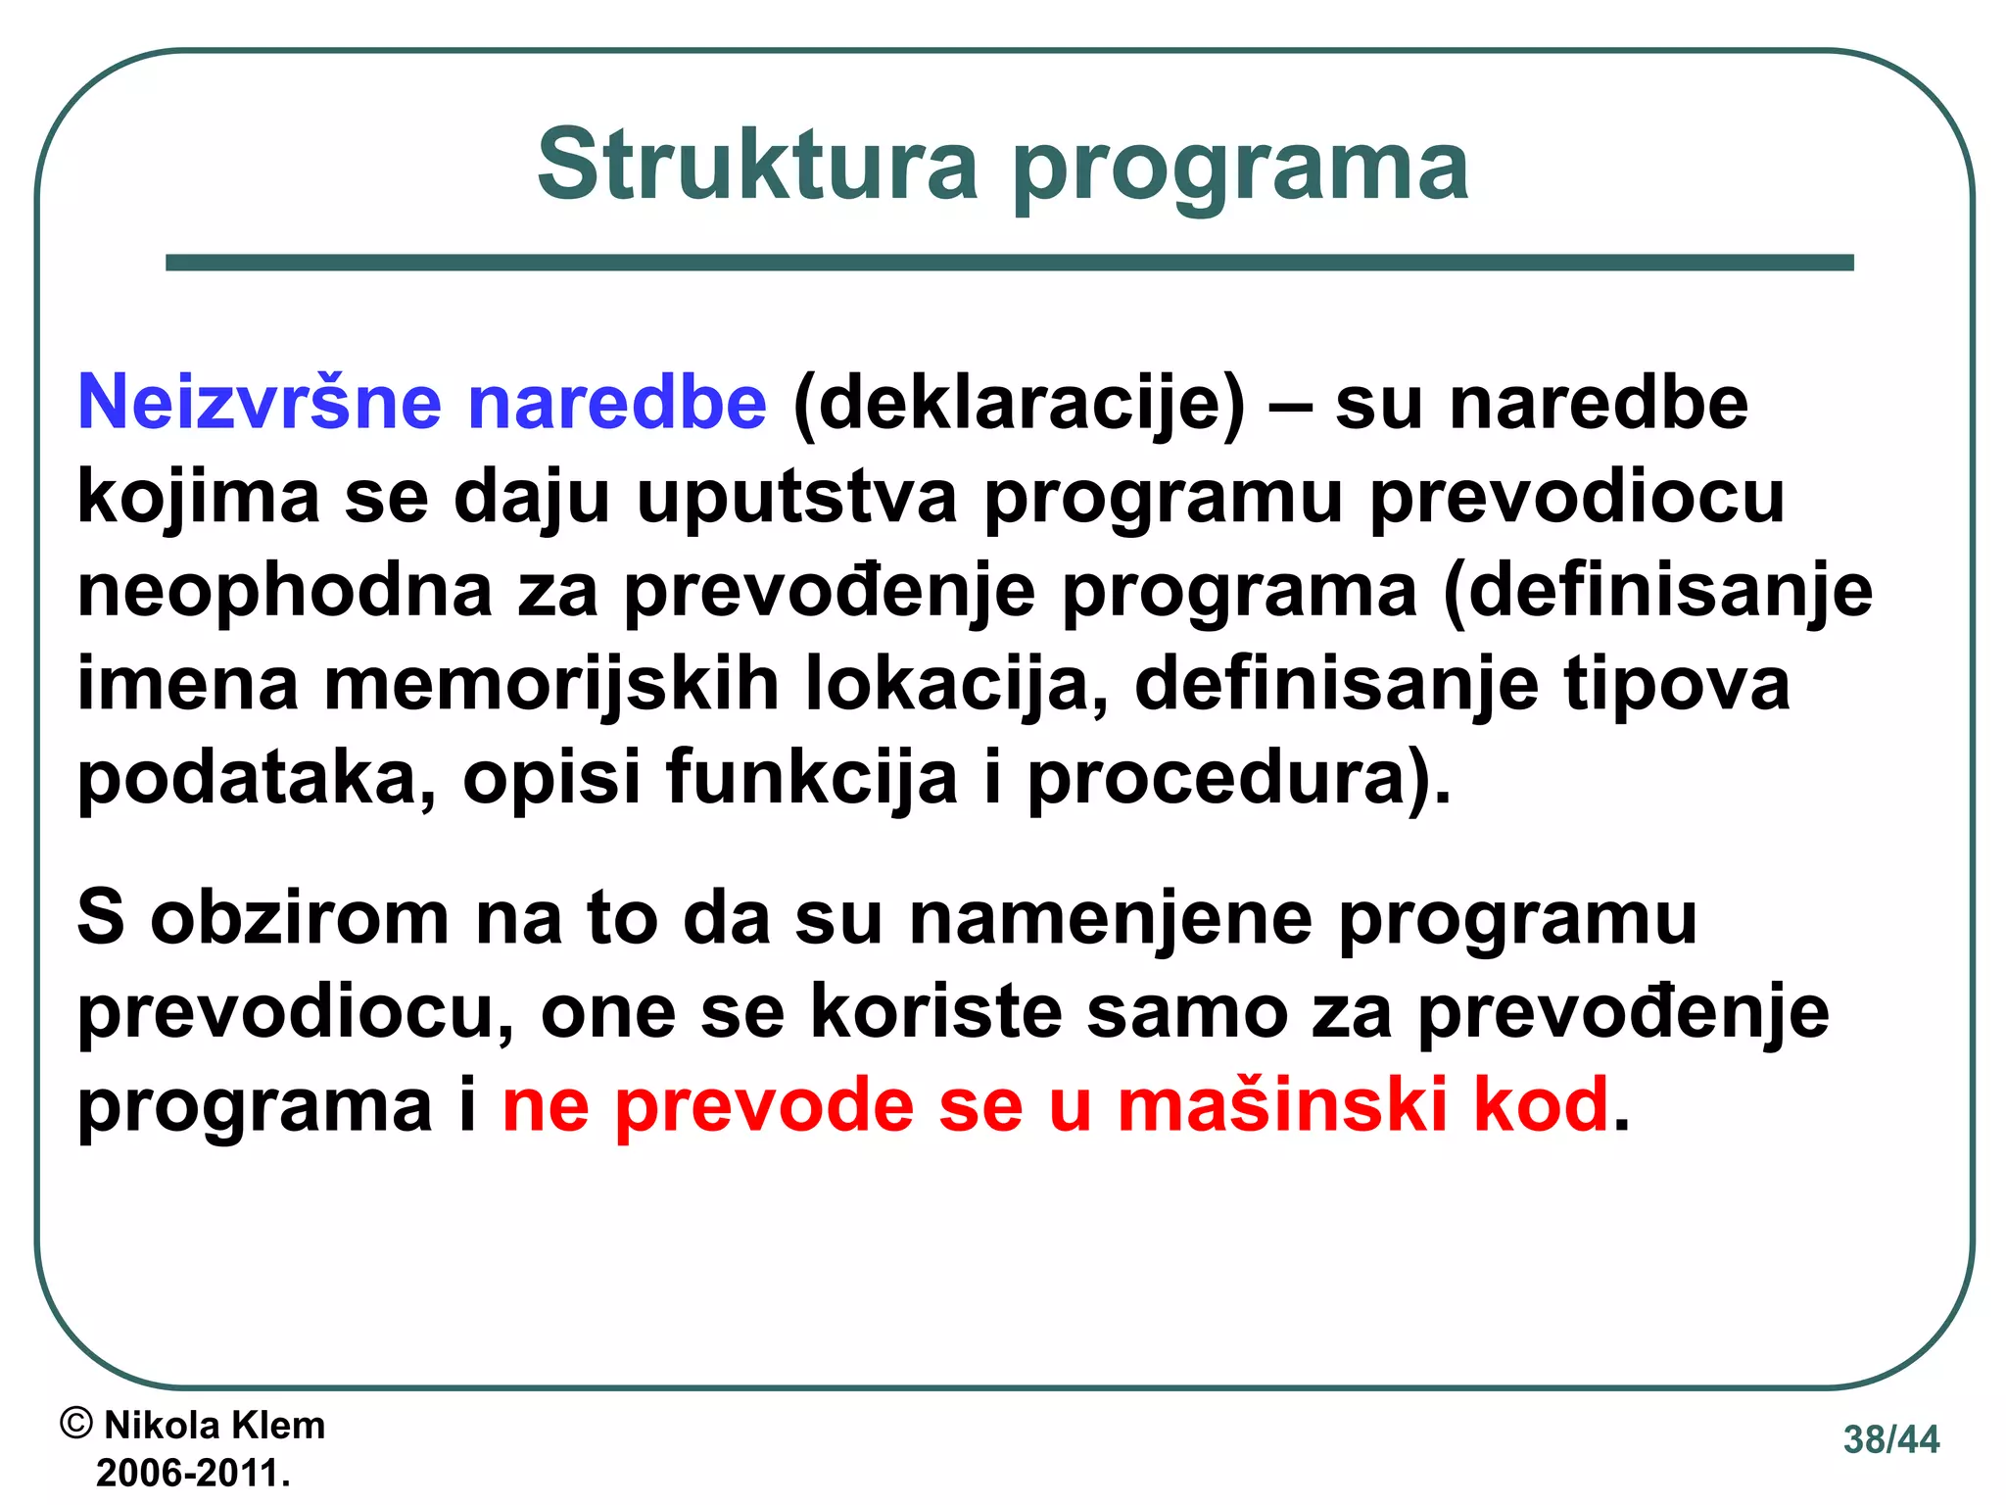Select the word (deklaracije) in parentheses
click(1019, 404)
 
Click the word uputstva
click(796, 497)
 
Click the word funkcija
click(811, 777)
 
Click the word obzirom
click(299, 917)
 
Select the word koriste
click(936, 1011)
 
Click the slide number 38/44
click(1890, 1439)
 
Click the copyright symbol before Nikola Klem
click(76, 1423)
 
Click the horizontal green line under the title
click(1009, 263)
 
